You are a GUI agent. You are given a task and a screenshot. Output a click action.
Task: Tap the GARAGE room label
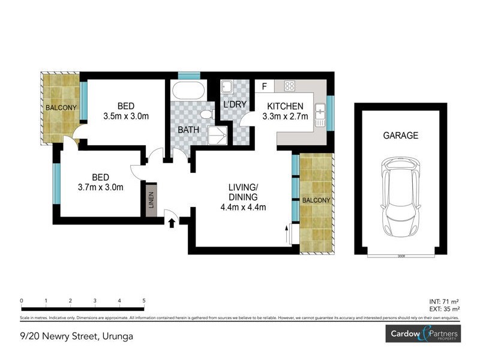[x=400, y=136]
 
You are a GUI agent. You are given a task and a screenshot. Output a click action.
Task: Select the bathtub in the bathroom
[x=188, y=92]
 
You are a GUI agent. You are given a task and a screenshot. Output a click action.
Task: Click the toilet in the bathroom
[x=206, y=114]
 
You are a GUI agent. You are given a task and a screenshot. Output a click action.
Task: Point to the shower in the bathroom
[x=217, y=136]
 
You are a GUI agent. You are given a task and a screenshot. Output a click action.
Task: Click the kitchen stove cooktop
[x=289, y=86]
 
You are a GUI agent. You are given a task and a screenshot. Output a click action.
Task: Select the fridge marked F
[x=264, y=86]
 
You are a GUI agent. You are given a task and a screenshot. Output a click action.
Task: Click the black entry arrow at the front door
[x=172, y=223]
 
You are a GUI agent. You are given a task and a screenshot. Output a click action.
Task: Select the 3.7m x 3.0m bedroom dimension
[x=100, y=187]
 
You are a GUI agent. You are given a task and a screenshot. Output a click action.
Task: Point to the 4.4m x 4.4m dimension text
[x=243, y=208]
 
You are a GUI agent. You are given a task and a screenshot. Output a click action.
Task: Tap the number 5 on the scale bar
[x=144, y=301]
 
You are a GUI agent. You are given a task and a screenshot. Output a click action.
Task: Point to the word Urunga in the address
[x=117, y=336]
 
